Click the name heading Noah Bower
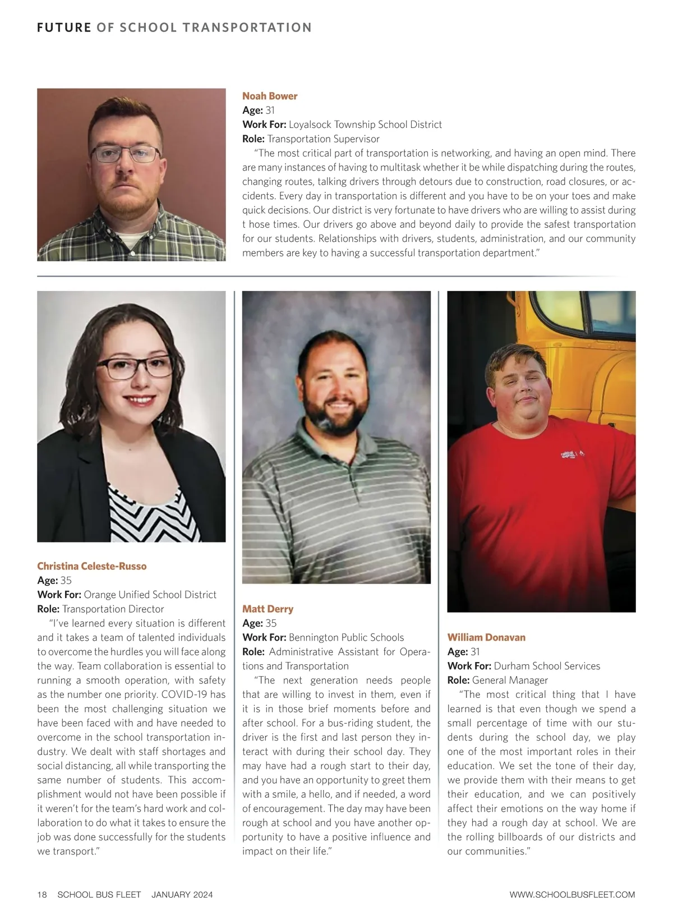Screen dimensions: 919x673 [x=270, y=96]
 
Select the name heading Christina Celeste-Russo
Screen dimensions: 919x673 [x=92, y=566]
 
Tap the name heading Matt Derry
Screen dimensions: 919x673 [x=268, y=609]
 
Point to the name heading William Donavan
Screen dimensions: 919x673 [x=486, y=637]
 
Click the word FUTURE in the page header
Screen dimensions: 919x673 [x=64, y=27]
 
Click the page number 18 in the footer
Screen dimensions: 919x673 [x=42, y=894]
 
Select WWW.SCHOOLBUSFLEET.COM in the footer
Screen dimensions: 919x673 [x=572, y=894]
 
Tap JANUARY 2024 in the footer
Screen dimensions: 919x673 [x=182, y=894]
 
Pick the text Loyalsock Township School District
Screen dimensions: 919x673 [x=365, y=125]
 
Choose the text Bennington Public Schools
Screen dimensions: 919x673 [x=346, y=637]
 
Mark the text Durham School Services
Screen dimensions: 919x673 [x=547, y=666]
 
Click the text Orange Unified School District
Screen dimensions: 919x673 [x=150, y=595]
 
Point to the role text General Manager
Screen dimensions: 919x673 [x=510, y=680]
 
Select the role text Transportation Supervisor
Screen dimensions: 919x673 [x=323, y=139]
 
